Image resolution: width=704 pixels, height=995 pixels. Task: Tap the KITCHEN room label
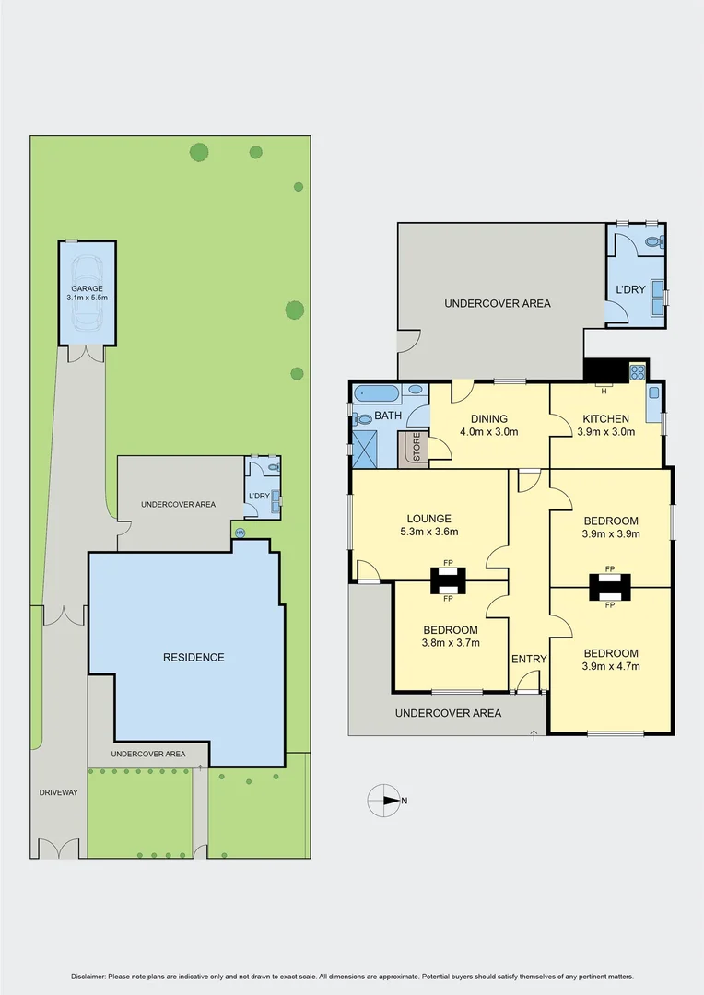click(x=603, y=418)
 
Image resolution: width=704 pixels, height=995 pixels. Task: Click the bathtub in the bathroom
click(x=377, y=393)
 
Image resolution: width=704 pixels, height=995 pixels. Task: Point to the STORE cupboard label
click(x=417, y=447)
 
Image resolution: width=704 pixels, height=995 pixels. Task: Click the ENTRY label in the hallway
click(x=529, y=659)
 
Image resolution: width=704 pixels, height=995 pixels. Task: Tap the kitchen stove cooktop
click(x=637, y=372)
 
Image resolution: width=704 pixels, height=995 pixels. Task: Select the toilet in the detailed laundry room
click(x=653, y=243)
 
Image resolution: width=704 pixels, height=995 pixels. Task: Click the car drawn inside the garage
click(x=88, y=292)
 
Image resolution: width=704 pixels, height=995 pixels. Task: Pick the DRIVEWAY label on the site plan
click(x=58, y=792)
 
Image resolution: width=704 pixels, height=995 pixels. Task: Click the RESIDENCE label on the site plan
click(x=194, y=657)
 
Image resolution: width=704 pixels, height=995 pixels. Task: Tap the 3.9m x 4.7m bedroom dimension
click(x=609, y=666)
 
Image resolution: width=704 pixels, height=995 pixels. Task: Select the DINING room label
click(x=489, y=418)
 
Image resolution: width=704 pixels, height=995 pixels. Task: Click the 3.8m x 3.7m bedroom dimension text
click(x=450, y=643)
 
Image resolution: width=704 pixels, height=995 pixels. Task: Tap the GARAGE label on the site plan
click(x=88, y=288)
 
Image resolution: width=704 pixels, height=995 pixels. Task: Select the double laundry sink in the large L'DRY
click(x=658, y=297)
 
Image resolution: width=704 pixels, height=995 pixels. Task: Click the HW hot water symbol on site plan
click(x=241, y=533)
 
